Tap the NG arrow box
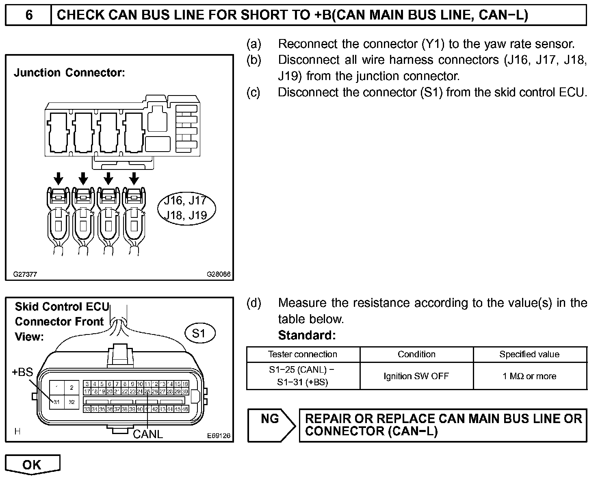[272, 425]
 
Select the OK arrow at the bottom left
[32, 465]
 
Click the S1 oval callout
[199, 334]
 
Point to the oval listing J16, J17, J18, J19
[186, 208]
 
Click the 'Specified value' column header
[529, 354]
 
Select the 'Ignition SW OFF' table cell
[416, 376]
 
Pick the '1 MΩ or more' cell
[529, 376]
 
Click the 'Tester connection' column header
[303, 354]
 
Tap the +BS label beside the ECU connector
[22, 372]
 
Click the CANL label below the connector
[148, 434]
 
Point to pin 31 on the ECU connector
[56, 402]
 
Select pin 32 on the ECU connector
[71, 402]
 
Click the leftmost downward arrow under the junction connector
[59, 178]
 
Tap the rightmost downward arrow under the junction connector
[134, 178]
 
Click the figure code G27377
[25, 274]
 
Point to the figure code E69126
[219, 436]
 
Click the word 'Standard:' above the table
[307, 335]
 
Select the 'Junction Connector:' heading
[69, 73]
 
